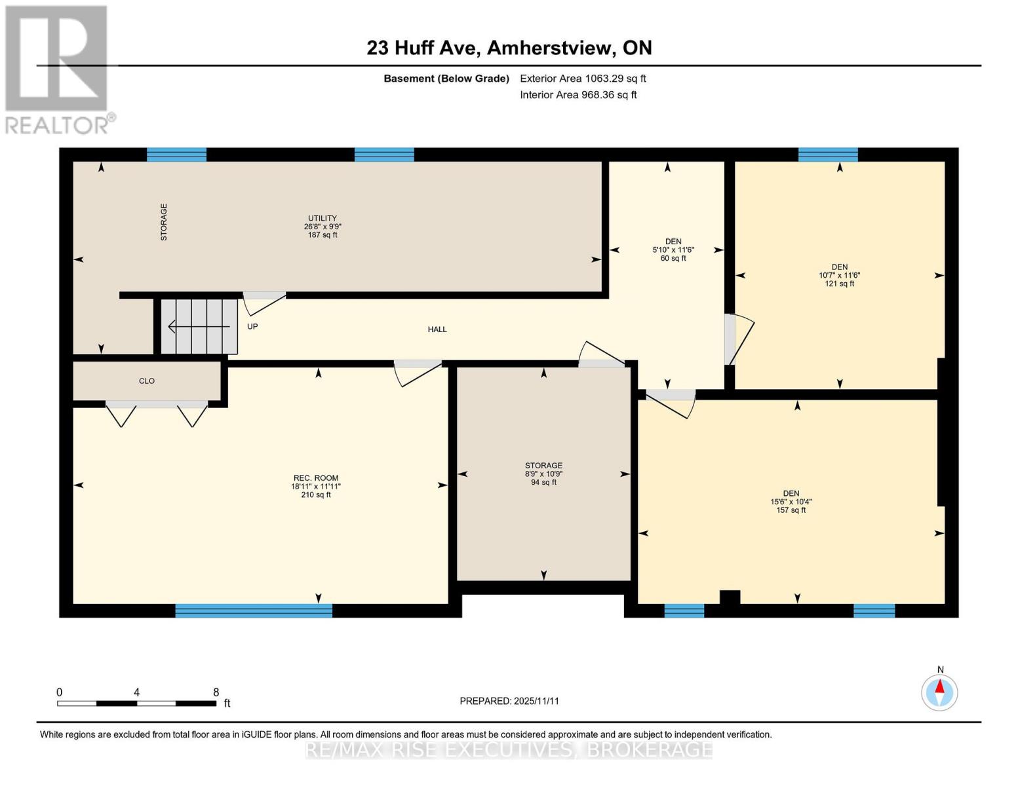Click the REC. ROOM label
pos(316,478)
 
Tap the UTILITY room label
pos(323,218)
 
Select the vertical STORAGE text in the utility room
pos(163,222)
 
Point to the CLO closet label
pos(147,381)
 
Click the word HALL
pos(437,329)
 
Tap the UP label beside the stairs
pos(252,327)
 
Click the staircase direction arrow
pos(199,326)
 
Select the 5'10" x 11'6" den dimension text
pos(673,250)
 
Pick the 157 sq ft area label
pos(791,510)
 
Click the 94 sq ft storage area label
pos(543,482)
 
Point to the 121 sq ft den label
pos(840,284)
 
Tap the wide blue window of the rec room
pos(254,610)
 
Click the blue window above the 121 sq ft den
pos(828,155)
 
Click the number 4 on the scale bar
pos(137,692)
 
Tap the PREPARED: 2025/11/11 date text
pos(509,701)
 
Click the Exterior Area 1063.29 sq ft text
pos(583,79)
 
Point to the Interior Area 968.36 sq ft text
pos(578,95)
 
